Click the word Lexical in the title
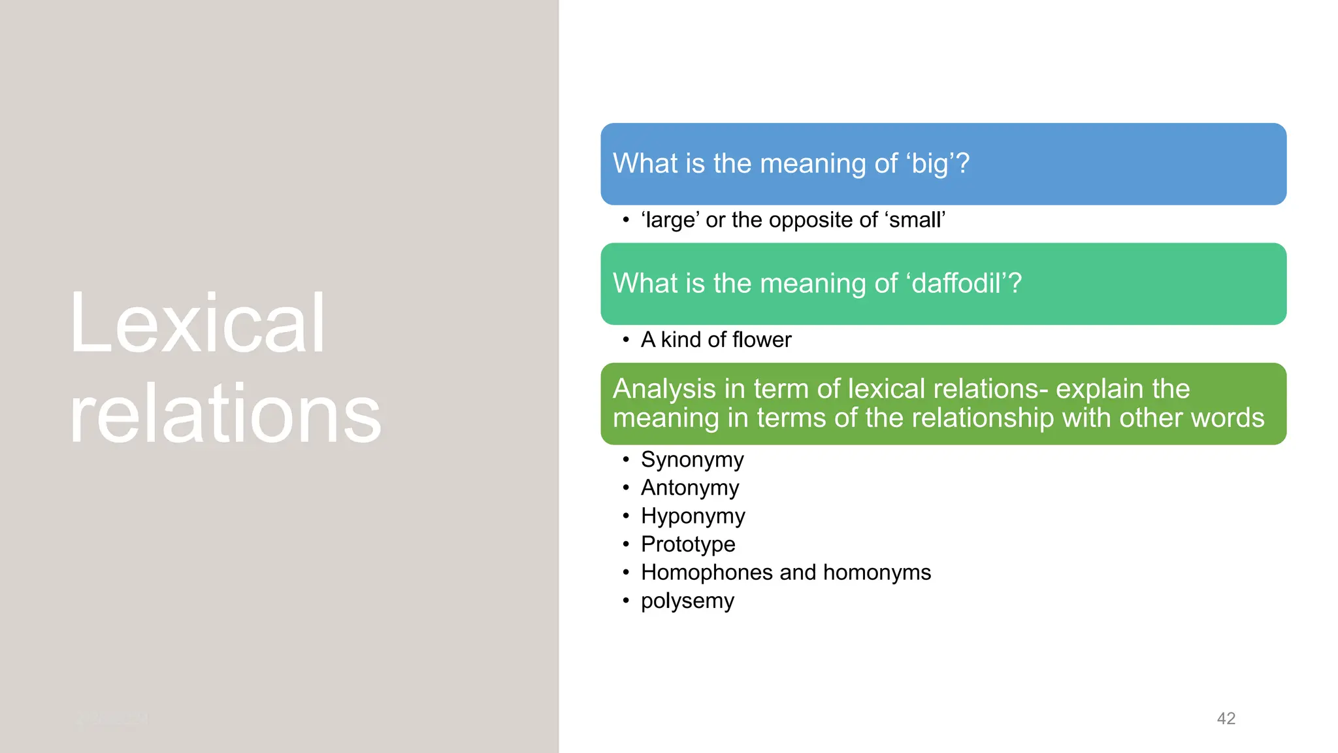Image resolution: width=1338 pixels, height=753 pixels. [x=197, y=324]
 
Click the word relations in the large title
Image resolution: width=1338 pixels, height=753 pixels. [x=225, y=414]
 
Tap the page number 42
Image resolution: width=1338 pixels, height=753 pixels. [x=1226, y=718]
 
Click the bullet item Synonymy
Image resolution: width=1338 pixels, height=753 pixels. [x=692, y=460]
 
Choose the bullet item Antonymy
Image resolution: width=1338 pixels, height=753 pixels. [x=690, y=488]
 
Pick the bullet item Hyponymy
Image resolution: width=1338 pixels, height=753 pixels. [x=693, y=516]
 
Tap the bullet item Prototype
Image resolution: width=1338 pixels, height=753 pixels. [x=688, y=544]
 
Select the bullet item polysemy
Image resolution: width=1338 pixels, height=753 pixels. [x=687, y=601]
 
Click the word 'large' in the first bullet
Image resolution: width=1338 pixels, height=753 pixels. [x=670, y=220]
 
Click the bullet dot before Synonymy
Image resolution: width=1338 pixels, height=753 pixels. [x=626, y=460]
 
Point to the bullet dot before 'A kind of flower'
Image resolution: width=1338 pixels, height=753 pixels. [x=626, y=340]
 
